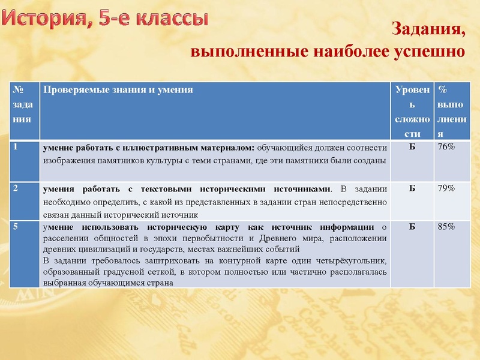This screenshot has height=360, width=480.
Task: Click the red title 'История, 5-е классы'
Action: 106,18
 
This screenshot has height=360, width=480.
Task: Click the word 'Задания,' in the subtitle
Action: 429,28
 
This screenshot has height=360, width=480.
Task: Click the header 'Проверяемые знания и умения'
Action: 117,89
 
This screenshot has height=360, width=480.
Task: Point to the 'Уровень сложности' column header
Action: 412,112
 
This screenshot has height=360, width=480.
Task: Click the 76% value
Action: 446,146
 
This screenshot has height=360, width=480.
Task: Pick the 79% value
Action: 446,188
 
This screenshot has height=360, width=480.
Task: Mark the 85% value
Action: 446,227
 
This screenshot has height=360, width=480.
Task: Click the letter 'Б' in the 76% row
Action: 412,146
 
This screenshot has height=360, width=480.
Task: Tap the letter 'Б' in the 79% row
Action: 412,188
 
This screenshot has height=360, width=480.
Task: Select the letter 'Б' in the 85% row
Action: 412,227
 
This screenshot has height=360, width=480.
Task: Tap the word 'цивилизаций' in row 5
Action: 99,248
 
